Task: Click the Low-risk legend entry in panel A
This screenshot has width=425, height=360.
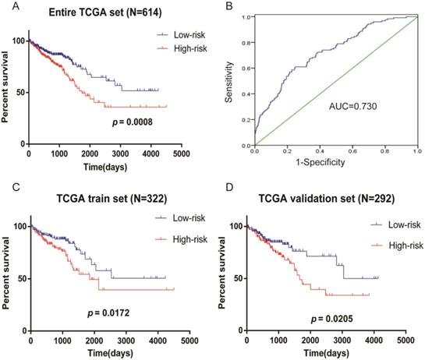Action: coord(182,35)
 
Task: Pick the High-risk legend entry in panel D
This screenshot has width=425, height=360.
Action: coord(398,245)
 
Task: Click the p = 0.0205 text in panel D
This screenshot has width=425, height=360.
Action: coord(336,319)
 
